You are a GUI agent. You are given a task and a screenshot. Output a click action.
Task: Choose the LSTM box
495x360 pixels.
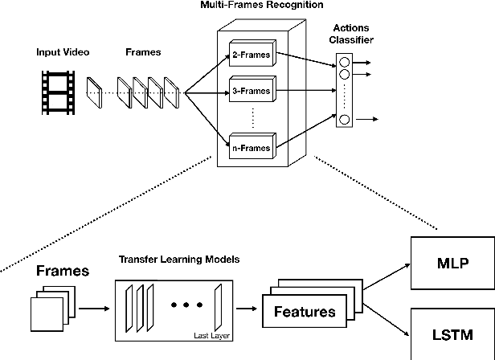coord(452,333)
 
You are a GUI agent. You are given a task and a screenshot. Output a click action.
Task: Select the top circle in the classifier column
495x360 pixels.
coord(345,61)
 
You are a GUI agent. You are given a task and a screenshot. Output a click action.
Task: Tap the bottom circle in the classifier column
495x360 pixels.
coord(345,120)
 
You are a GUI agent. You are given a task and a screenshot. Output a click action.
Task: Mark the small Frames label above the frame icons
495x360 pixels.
coord(143,52)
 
